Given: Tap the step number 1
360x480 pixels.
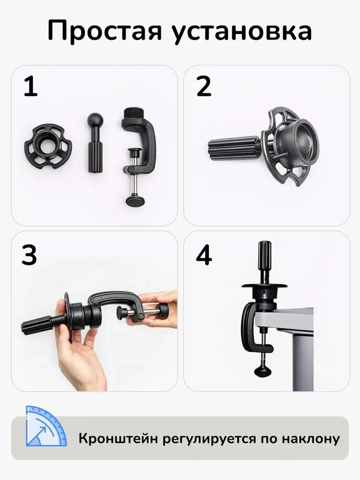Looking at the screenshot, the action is [31, 86].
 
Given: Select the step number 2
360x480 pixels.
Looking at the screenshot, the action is [204, 86].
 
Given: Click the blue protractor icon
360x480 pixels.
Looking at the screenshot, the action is [46, 426].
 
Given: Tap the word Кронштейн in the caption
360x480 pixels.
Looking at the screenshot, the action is [118, 439].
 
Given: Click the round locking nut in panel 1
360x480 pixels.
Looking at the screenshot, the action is [45, 146].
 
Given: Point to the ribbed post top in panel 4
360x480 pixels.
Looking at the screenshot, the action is [265, 251].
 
